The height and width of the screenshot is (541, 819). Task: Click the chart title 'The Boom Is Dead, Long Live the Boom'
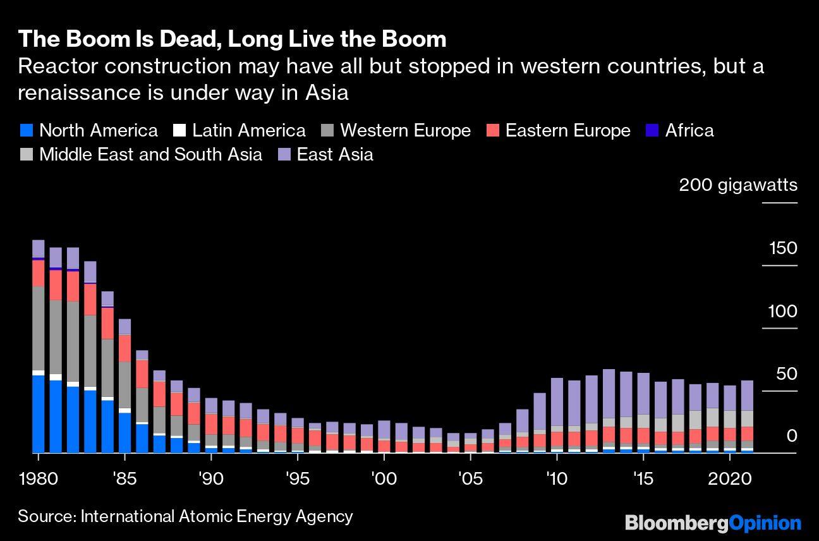click(232, 39)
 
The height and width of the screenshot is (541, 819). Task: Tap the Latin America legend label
click(248, 131)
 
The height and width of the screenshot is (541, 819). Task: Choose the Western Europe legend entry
click(405, 131)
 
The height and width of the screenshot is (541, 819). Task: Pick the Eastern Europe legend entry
click(567, 131)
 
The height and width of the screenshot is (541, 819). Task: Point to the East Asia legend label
click(335, 155)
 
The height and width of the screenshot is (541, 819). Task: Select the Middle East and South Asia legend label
click(150, 155)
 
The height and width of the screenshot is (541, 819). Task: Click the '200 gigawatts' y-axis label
click(737, 185)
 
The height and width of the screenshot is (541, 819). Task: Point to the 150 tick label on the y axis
click(782, 248)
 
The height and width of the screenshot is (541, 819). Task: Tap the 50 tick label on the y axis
click(787, 374)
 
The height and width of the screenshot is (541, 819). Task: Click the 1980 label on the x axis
click(38, 477)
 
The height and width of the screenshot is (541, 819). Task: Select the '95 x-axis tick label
click(297, 477)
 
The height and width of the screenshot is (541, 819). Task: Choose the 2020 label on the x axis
click(730, 477)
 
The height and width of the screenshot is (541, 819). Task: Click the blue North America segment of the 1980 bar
click(39, 414)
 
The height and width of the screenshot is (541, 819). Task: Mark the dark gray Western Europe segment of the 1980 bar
click(39, 328)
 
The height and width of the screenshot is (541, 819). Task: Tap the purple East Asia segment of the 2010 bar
click(557, 402)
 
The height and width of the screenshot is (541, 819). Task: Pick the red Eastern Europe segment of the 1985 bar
click(124, 348)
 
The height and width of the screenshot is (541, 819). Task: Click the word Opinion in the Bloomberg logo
click(765, 523)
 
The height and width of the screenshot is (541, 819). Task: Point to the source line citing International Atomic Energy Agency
click(185, 516)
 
